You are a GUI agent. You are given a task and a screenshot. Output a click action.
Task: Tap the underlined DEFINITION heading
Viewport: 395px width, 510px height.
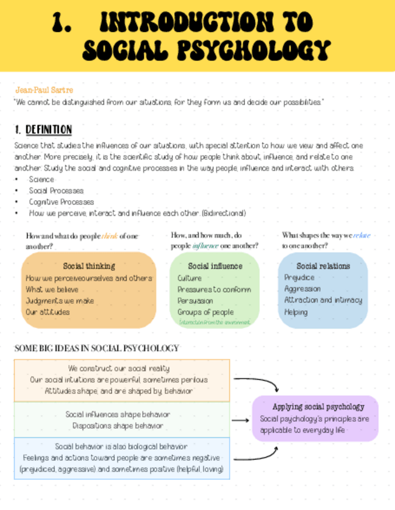(x=49, y=130)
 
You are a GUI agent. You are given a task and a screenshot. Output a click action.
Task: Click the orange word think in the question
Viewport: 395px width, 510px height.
(x=110, y=236)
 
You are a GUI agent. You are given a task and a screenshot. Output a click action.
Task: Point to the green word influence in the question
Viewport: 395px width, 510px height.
(x=205, y=245)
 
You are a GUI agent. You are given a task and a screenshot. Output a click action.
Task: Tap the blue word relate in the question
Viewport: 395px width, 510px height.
(x=361, y=235)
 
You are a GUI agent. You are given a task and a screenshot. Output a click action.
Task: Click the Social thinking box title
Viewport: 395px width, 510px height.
(x=89, y=266)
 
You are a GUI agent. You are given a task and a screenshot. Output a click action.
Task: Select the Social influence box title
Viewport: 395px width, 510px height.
(x=215, y=266)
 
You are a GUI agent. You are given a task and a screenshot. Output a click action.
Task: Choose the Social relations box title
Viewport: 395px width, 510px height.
(x=323, y=266)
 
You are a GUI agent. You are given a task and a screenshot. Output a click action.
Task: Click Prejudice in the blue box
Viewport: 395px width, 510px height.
(x=299, y=278)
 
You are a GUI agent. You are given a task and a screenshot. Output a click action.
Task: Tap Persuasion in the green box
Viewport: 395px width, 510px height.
(x=195, y=301)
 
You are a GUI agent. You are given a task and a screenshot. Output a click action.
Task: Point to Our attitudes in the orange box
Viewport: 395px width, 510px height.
(x=48, y=312)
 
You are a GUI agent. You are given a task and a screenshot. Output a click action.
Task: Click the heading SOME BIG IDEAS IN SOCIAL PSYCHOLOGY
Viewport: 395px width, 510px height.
(x=96, y=348)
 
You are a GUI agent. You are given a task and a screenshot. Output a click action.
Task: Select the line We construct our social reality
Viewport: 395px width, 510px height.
(x=119, y=368)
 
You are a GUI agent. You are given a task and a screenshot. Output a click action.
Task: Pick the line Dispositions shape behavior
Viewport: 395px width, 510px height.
(x=118, y=426)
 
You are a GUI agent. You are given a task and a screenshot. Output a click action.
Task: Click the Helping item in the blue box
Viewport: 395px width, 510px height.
(x=296, y=312)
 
